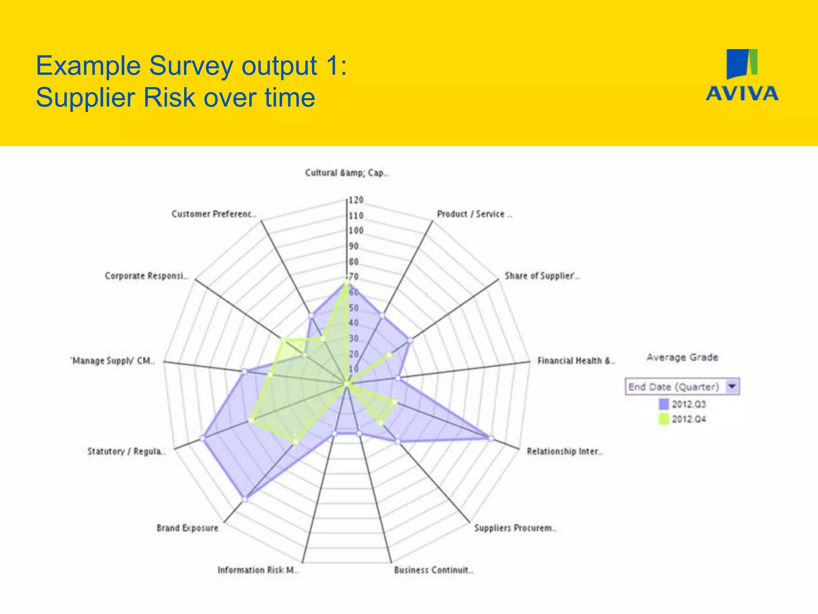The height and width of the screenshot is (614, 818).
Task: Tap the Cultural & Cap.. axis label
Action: point(346,173)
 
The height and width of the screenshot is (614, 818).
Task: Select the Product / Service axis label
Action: point(474,214)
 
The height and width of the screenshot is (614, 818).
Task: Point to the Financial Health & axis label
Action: point(576,361)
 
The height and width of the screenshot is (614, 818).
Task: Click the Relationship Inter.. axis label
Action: point(564,451)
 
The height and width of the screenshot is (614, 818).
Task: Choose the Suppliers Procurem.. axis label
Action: point(515,528)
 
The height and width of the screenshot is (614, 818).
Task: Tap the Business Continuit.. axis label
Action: point(433,570)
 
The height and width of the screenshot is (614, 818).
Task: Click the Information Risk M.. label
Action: point(258,570)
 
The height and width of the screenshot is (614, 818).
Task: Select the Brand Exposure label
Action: point(187,528)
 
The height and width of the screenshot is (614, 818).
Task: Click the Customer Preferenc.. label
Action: point(214,214)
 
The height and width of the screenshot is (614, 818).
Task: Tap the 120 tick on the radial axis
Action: point(356,200)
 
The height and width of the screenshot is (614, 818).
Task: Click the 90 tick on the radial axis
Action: point(354,246)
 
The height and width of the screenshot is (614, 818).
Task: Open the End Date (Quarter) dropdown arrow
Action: point(732,387)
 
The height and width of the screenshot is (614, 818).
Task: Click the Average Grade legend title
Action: point(682,357)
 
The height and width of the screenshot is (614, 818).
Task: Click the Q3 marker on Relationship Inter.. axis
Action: point(491,438)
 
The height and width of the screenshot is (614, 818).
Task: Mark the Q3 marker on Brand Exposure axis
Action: point(245,498)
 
